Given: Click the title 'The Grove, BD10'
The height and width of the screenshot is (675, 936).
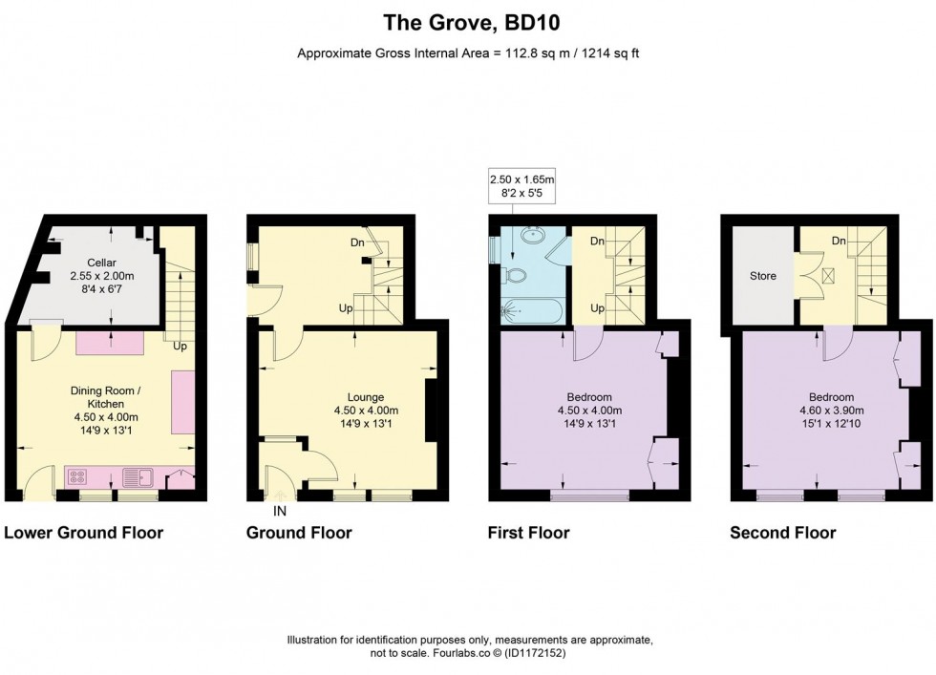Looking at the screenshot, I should tap(467, 20).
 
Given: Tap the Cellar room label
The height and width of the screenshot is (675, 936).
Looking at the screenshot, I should tap(101, 263).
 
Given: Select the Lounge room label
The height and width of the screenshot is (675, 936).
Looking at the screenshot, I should tap(365, 397).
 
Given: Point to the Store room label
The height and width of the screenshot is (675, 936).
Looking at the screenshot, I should tap(762, 276).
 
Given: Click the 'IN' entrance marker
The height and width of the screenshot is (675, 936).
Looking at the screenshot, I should tap(280, 511).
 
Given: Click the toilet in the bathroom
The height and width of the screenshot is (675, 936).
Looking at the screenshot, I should tap(517, 277).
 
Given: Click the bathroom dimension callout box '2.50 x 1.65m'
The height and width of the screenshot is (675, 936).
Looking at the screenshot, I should tap(521, 185).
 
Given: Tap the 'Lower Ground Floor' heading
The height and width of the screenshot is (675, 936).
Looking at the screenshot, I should tap(83, 533).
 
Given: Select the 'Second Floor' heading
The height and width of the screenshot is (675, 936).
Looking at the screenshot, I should tap(782, 533).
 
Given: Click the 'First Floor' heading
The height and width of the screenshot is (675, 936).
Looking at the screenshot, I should tap(528, 533).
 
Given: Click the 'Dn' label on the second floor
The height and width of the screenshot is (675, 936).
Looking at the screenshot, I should tap(839, 242).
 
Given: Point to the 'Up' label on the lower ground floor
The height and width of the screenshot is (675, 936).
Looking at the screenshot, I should tap(180, 347).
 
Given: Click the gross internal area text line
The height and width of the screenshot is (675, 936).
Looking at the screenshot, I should tap(467, 53).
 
